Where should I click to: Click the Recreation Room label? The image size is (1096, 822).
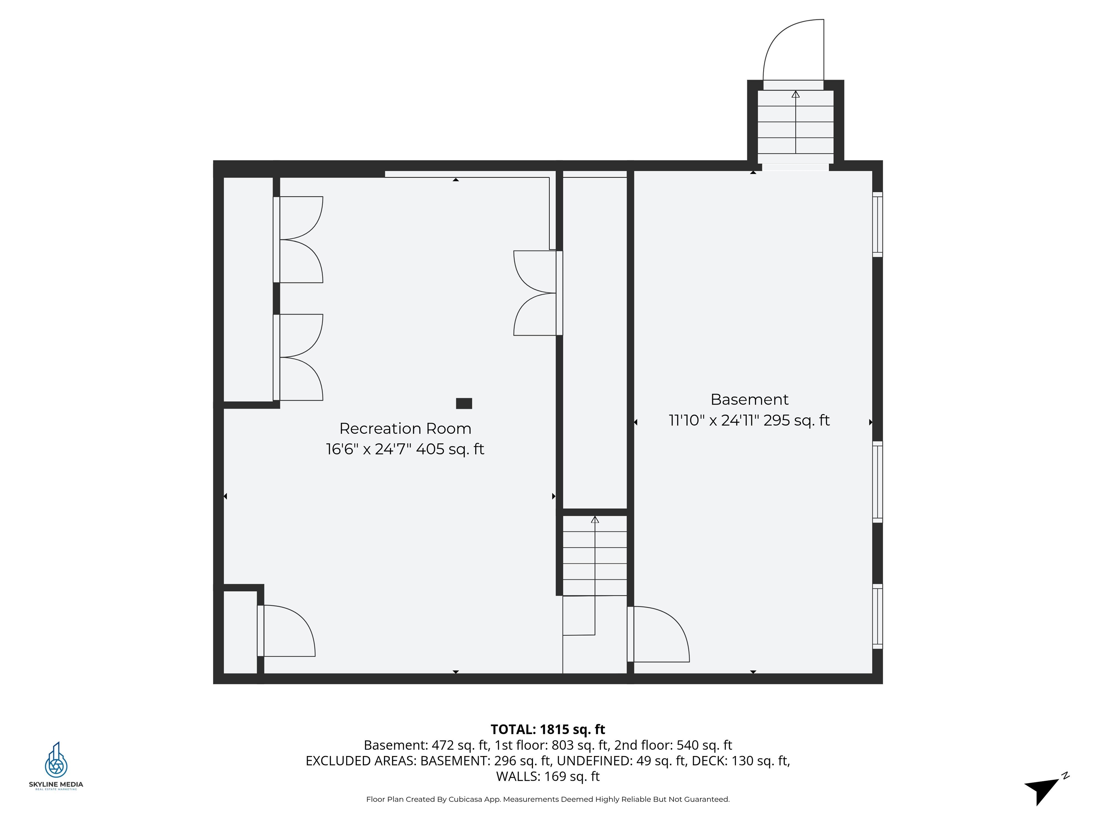coord(405,428)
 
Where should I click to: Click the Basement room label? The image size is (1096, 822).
coord(749,399)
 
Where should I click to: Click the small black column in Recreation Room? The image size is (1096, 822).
coord(464,403)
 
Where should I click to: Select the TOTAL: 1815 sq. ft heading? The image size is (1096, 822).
coord(548,729)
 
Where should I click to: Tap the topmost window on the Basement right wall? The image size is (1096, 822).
coord(877,224)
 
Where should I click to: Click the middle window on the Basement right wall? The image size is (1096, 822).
coord(877,482)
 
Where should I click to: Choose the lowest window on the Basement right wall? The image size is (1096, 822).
coord(877,616)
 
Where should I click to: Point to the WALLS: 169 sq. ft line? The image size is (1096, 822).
coord(548,776)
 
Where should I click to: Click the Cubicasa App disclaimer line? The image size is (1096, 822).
coord(548,799)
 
